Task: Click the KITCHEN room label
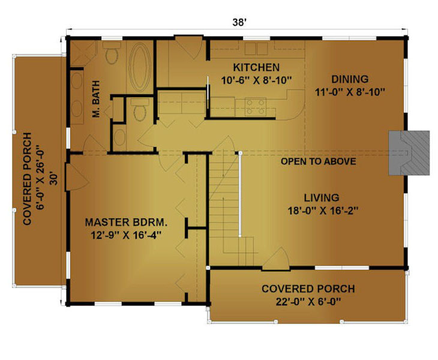pyautogui.click(x=256, y=68)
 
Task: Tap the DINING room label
pyautogui.click(x=350, y=79)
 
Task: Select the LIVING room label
pyautogui.click(x=322, y=198)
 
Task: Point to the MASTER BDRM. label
pyautogui.click(x=126, y=223)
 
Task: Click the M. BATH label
pyautogui.click(x=96, y=99)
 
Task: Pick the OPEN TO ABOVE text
pyautogui.click(x=318, y=161)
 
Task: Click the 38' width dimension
pyautogui.click(x=239, y=22)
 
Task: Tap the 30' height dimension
pyautogui.click(x=54, y=179)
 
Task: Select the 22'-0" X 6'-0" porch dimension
pyautogui.click(x=308, y=301)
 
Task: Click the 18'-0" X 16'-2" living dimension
pyautogui.click(x=323, y=211)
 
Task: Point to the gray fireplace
pyautogui.click(x=409, y=153)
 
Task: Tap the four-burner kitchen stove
pyautogui.click(x=255, y=107)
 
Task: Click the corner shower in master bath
pyautogui.click(x=83, y=53)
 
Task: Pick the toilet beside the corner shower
pyautogui.click(x=112, y=53)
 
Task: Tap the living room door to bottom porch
pyautogui.click(x=276, y=259)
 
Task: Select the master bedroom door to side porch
pyautogui.click(x=77, y=178)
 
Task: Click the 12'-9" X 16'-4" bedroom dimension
pyautogui.click(x=126, y=235)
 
